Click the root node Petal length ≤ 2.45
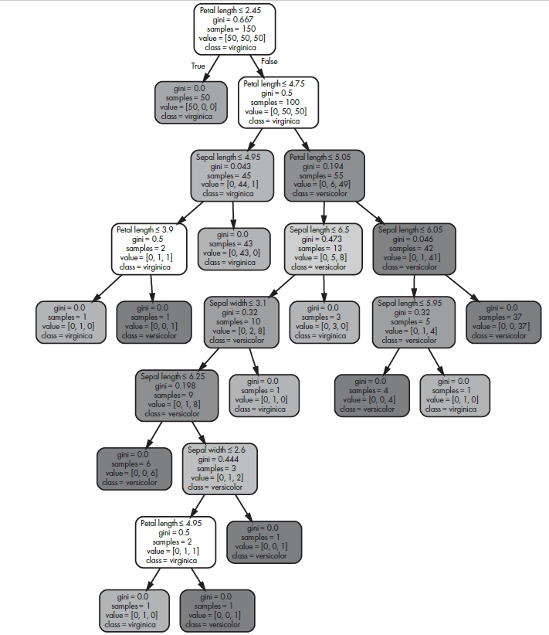click(x=234, y=29)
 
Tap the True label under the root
click(x=198, y=66)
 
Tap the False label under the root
click(x=269, y=61)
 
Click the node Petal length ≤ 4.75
click(x=279, y=101)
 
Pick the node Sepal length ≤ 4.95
click(x=232, y=175)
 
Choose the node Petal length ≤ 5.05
click(x=324, y=175)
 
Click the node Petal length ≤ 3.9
click(x=150, y=249)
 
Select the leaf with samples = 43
click(x=232, y=249)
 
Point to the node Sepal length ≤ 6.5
click(x=324, y=249)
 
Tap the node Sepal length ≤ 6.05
click(x=415, y=249)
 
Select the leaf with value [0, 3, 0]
click(x=324, y=321)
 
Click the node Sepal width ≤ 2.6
click(x=220, y=468)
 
